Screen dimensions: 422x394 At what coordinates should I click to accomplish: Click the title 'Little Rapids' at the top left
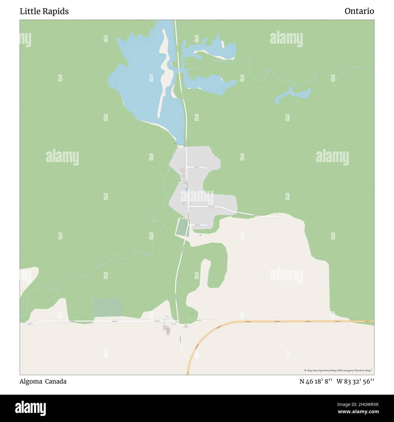tap(44, 11)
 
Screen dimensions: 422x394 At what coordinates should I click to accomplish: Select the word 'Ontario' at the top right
tap(359, 11)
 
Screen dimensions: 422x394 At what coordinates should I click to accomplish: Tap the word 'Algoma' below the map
tap(31, 381)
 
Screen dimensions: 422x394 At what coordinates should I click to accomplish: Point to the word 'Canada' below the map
tap(56, 381)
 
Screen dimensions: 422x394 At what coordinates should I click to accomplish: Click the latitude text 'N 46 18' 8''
tap(316, 381)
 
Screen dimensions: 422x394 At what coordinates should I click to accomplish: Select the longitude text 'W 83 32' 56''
tap(355, 381)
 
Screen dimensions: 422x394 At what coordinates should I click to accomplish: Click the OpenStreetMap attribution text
tap(339, 370)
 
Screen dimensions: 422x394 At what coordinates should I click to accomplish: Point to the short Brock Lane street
tap(197, 167)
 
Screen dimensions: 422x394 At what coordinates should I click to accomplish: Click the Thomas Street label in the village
tap(211, 207)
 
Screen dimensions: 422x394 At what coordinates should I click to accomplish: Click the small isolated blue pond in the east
tap(292, 95)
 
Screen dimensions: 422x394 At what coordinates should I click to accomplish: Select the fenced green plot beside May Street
tap(182, 227)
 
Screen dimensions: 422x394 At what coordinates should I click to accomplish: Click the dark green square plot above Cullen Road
tap(107, 307)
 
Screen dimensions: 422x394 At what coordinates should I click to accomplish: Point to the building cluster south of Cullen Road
tap(167, 329)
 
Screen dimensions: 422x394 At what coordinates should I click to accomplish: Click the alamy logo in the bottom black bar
tap(30, 408)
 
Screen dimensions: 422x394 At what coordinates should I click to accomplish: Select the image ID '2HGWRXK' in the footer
tap(362, 404)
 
